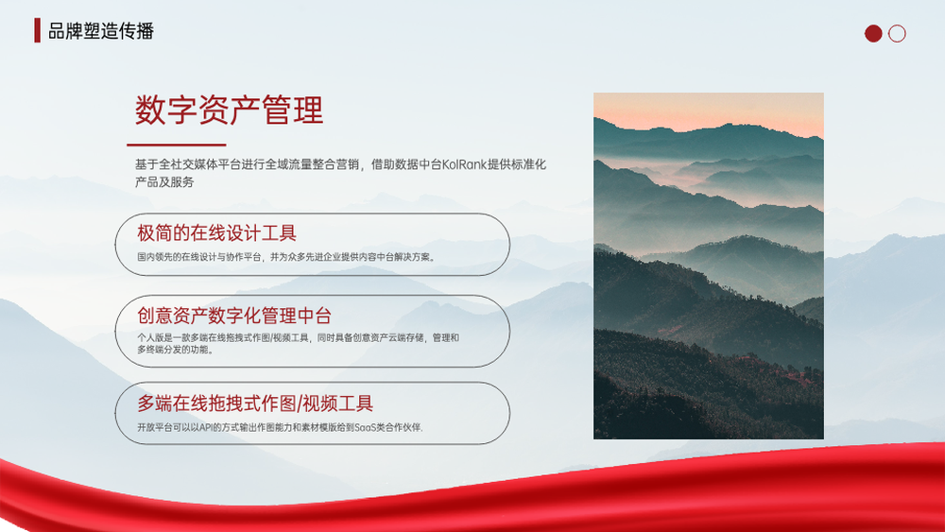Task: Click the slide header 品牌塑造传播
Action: point(101,31)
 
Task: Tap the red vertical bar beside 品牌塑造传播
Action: point(38,30)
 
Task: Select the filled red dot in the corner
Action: point(873,33)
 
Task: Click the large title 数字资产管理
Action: point(229,111)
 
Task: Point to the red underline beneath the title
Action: point(176,145)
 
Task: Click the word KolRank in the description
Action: point(464,164)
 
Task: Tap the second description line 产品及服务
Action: point(164,182)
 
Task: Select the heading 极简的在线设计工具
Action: point(217,233)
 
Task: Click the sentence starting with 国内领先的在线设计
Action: point(286,257)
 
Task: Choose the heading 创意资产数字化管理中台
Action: point(234,315)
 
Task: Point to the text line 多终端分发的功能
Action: point(176,350)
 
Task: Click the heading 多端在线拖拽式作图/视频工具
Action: point(255,403)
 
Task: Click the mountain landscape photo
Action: point(709,266)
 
